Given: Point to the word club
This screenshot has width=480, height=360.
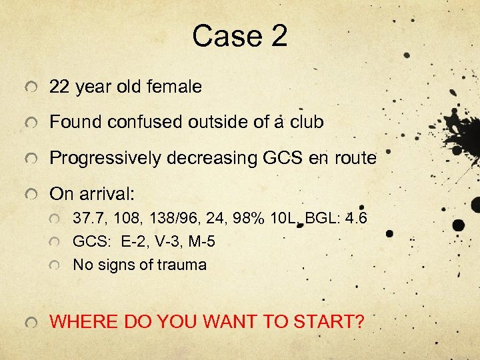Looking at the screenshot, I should click(306, 123).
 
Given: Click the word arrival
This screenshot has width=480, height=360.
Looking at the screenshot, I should click(109, 195).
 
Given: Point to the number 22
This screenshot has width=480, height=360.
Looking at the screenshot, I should click(60, 87).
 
